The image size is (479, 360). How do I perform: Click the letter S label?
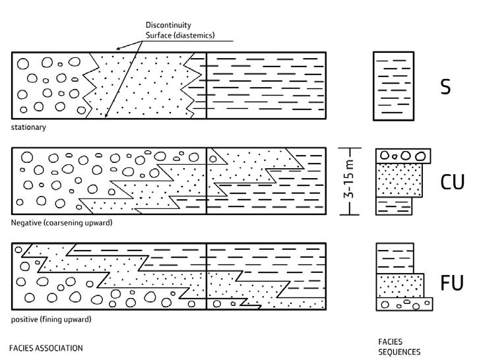[446, 86]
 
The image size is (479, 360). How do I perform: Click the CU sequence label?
[452, 181]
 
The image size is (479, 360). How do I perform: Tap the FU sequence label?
[452, 283]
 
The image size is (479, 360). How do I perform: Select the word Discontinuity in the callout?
[168, 25]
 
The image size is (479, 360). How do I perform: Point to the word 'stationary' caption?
[28, 127]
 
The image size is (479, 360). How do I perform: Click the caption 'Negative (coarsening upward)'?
[61, 223]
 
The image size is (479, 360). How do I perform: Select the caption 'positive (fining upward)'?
[51, 320]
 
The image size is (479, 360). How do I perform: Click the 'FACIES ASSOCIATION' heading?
[46, 347]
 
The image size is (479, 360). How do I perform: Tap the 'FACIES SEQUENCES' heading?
[399, 347]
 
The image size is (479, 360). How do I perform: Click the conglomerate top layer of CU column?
[402, 156]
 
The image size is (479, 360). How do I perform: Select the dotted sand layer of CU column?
[399, 179]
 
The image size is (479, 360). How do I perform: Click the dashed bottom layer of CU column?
[394, 205]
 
